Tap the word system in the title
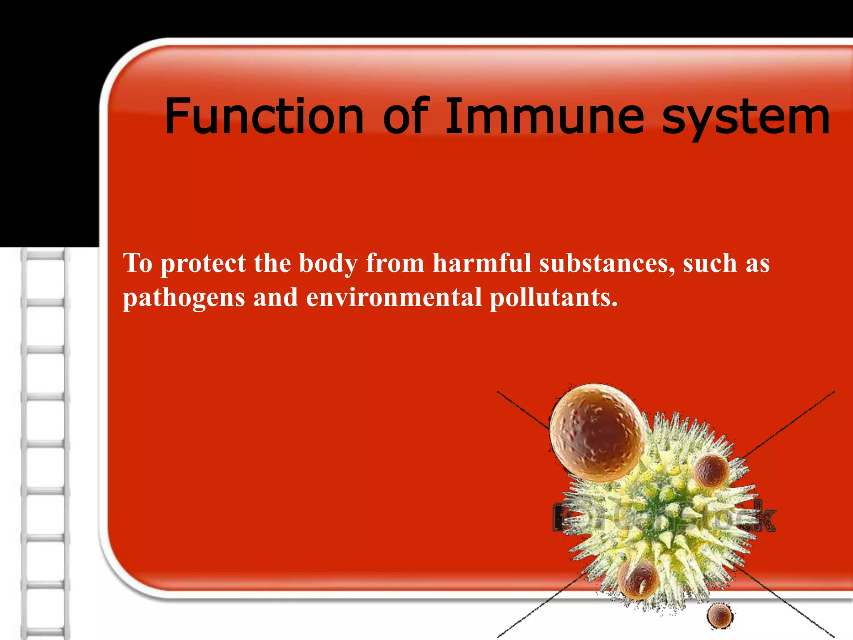pyautogui.click(x=746, y=119)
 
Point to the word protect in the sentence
pyautogui.click(x=203, y=264)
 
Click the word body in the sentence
pyautogui.click(x=328, y=264)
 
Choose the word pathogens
pyautogui.click(x=184, y=298)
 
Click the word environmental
pyautogui.click(x=394, y=297)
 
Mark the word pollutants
pyautogui.click(x=554, y=297)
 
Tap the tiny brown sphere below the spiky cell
pyautogui.click(x=719, y=615)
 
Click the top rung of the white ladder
pyautogui.click(x=45, y=255)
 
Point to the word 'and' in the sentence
pyautogui.click(x=275, y=297)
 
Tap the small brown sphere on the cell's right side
pyautogui.click(x=711, y=471)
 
